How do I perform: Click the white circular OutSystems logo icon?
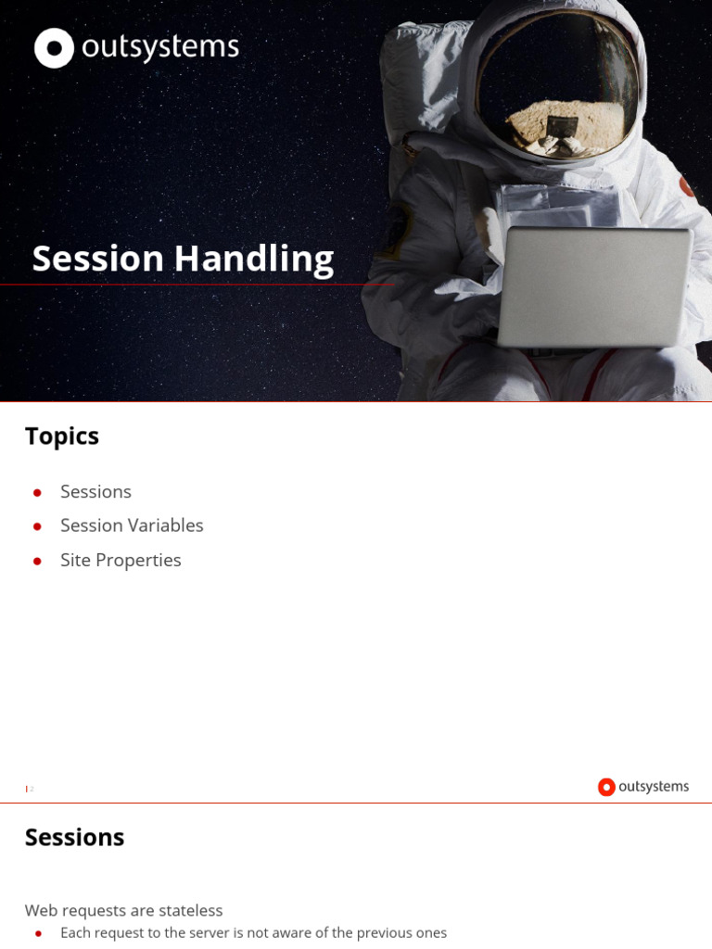pos(54,48)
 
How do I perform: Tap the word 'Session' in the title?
pos(98,259)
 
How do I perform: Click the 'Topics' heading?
pos(62,437)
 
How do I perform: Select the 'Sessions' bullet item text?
pos(95,492)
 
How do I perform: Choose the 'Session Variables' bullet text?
pos(132,525)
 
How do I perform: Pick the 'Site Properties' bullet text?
pos(121,561)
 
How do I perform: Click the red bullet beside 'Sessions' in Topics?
pos(37,492)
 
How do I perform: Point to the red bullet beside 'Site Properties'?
pos(37,562)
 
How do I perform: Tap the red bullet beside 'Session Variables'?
pos(37,526)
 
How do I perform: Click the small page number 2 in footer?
pos(32,789)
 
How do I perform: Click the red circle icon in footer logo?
pos(606,787)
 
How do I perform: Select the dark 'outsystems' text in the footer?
pos(654,787)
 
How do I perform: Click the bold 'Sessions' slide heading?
pos(74,838)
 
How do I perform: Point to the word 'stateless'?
pos(191,911)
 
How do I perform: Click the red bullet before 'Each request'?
pos(38,933)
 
